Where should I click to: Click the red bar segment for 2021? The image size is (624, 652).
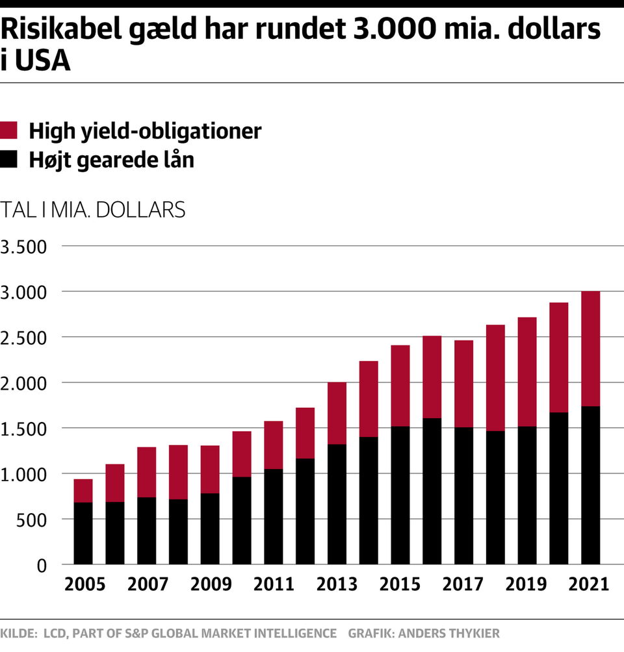pyautogui.click(x=590, y=349)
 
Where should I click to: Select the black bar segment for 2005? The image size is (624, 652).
pyautogui.click(x=83, y=533)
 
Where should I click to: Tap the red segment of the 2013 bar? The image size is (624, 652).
pyautogui.click(x=337, y=413)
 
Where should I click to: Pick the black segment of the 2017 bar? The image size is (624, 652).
pyautogui.click(x=463, y=495)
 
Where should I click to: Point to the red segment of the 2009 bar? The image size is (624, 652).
pyautogui.click(x=210, y=470)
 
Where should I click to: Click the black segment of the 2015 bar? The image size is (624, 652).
pyautogui.click(x=400, y=495)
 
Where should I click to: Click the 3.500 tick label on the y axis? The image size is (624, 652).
pyautogui.click(x=24, y=247)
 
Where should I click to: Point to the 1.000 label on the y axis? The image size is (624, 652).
pyautogui.click(x=24, y=475)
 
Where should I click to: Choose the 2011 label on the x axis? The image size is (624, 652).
pyautogui.click(x=274, y=584)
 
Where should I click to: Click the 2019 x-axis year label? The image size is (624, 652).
pyautogui.click(x=526, y=584)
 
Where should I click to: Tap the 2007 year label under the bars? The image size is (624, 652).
pyautogui.click(x=147, y=584)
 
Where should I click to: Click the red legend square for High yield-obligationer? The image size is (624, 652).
pyautogui.click(x=8, y=131)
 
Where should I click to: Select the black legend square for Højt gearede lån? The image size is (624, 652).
pyautogui.click(x=8, y=159)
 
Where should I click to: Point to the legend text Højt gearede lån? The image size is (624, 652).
pyautogui.click(x=111, y=159)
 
